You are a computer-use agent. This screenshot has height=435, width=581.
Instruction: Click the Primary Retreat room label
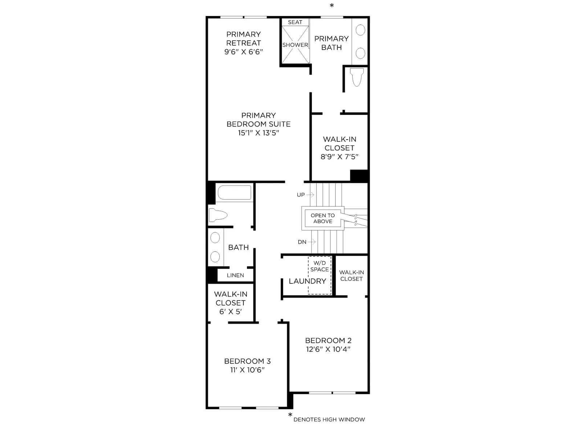244,38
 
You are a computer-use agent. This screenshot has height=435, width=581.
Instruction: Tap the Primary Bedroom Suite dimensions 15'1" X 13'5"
259,133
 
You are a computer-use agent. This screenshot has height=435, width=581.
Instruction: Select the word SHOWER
295,45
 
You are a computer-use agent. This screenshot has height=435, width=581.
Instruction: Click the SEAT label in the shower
295,22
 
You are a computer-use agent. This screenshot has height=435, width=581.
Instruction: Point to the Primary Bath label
332,43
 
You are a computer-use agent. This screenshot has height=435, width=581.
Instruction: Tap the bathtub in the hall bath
234,192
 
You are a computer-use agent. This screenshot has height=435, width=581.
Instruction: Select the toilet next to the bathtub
218,215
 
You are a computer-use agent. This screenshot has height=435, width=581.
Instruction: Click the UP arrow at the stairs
310,195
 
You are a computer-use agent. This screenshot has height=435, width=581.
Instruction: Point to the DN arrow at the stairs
312,242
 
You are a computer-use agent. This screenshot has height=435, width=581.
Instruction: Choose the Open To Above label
323,219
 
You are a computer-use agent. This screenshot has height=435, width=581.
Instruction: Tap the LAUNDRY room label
308,281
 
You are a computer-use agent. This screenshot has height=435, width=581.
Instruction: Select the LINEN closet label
235,275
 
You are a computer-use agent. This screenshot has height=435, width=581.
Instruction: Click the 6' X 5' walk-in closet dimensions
231,312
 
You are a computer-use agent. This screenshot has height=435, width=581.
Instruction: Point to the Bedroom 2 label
328,340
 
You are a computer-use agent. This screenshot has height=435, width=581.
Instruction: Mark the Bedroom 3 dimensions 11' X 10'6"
248,370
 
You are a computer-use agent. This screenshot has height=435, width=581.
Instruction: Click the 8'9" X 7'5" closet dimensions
340,157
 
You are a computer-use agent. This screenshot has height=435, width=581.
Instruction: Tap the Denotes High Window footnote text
329,419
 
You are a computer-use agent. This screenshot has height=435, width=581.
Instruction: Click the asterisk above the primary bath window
332,5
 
